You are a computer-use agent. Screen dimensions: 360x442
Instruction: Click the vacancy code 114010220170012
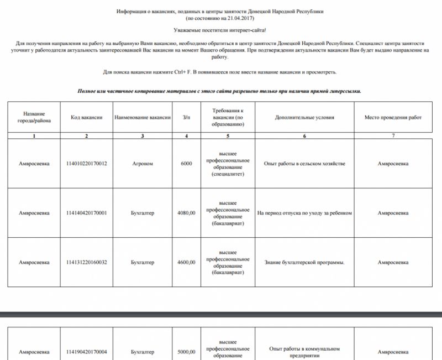(x=86, y=164)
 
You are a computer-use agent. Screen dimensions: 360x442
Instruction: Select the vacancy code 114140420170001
(x=86, y=213)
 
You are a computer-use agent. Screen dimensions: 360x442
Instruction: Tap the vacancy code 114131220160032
(x=86, y=262)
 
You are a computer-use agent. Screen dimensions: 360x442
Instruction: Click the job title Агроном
(x=143, y=164)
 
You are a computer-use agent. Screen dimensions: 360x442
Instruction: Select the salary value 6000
(x=186, y=164)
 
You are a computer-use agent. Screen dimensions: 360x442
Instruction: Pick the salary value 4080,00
(x=186, y=213)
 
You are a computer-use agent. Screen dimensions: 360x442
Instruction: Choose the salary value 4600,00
(x=186, y=262)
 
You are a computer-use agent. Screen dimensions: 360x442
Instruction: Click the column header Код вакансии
(x=86, y=117)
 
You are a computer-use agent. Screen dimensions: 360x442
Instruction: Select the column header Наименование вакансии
(x=143, y=117)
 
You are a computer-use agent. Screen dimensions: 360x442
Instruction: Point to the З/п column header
(x=186, y=117)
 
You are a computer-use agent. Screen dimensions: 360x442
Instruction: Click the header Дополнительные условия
(x=304, y=117)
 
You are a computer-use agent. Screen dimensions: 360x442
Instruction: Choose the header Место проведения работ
(x=393, y=117)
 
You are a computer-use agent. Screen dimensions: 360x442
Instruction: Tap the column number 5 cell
(x=228, y=136)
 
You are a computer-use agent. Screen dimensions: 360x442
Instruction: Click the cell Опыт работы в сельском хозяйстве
(x=304, y=164)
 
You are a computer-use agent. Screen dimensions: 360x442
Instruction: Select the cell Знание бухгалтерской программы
(x=304, y=262)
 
